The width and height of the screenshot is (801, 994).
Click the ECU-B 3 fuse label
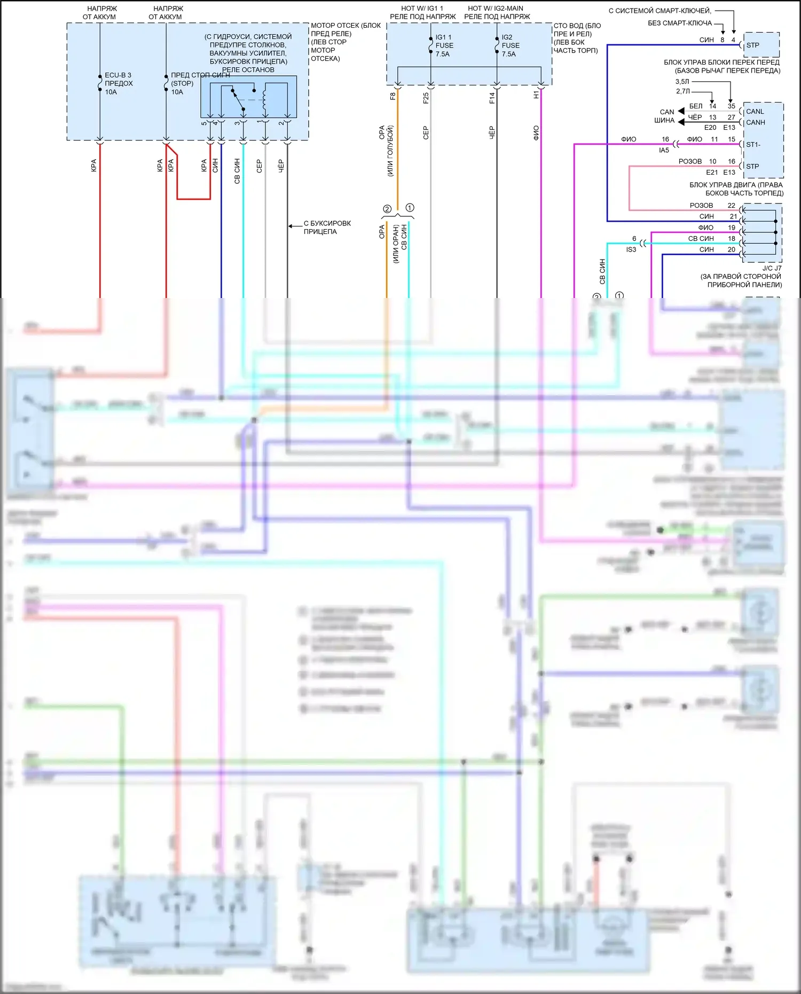118,75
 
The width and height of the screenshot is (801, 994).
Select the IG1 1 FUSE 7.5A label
444,45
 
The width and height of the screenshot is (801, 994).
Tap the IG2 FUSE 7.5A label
509,45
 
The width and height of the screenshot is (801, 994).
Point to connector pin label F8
392,97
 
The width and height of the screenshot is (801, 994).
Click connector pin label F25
426,98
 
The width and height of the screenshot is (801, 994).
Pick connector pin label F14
492,98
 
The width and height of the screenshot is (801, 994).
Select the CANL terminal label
755,112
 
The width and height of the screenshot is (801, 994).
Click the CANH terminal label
756,122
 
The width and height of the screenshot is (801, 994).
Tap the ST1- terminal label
753,145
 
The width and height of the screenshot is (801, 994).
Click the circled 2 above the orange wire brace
387,209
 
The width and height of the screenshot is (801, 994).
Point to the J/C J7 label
772,268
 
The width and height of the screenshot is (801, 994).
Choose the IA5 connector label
664,151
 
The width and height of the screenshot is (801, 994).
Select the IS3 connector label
631,249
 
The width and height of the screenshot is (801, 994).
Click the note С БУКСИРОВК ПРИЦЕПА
327,228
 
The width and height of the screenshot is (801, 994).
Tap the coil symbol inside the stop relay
264,99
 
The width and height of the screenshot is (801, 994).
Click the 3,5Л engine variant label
682,82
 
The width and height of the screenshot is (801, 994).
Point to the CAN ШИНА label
665,116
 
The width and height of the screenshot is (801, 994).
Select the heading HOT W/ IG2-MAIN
496,9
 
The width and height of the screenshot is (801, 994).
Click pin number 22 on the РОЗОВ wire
731,206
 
